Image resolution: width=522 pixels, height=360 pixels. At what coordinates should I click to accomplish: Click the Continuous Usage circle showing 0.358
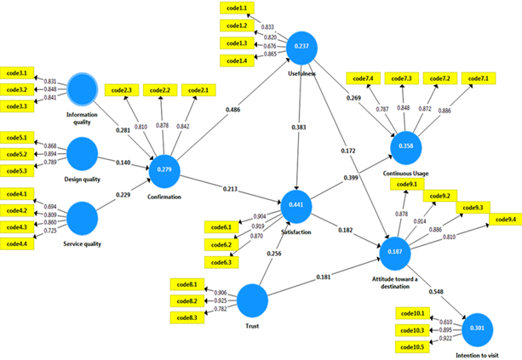[x=406, y=146]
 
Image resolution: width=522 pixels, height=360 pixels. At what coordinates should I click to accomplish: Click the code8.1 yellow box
[x=187, y=284]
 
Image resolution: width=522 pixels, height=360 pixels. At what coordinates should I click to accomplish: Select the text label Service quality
[x=82, y=244]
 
